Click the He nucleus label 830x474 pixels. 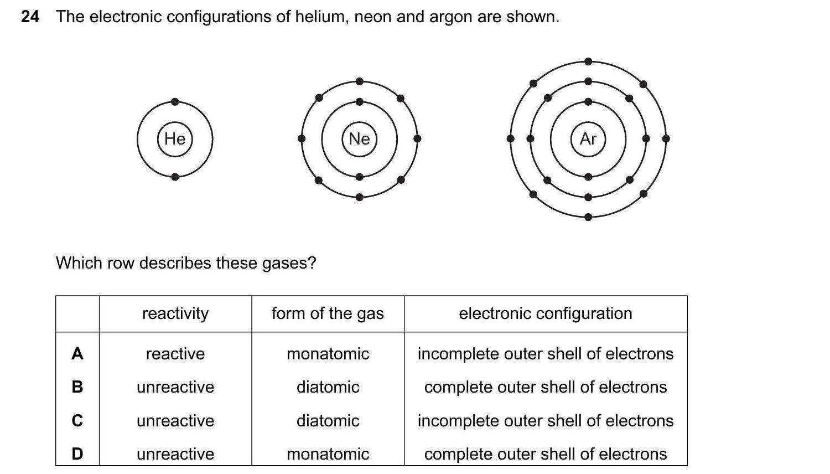(x=175, y=138)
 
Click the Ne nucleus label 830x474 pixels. (x=359, y=138)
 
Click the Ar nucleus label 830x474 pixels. (x=588, y=138)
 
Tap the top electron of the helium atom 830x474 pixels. (x=175, y=101)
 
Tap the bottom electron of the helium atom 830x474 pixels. (x=175, y=177)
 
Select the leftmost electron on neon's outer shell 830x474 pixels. (x=302, y=138)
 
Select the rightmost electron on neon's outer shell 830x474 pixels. (x=417, y=138)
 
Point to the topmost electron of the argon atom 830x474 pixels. (x=588, y=61)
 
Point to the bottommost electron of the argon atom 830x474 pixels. (x=588, y=217)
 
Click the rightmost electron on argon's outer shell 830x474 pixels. (x=666, y=138)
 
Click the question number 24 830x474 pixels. (x=30, y=17)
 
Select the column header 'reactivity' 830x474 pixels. (x=175, y=313)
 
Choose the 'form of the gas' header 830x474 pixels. (x=328, y=313)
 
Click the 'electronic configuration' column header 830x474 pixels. (x=545, y=313)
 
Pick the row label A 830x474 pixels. (x=77, y=353)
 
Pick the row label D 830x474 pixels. (x=77, y=454)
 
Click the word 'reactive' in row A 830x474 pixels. (x=175, y=354)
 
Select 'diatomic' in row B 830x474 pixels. (x=328, y=387)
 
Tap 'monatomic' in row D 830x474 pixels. (x=328, y=454)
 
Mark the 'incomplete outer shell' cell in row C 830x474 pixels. (x=545, y=421)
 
